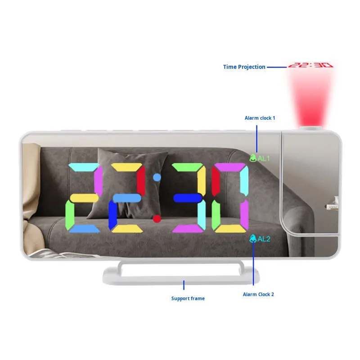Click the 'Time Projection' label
244,67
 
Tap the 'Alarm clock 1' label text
260,118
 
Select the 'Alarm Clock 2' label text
258,294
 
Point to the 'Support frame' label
188,298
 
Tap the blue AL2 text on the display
264,238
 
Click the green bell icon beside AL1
252,158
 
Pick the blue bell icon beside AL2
253,238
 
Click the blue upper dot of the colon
157,177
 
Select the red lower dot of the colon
157,219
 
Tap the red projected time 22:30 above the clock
310,65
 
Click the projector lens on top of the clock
311,128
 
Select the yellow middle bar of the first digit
84,198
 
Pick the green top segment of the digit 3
188,167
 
